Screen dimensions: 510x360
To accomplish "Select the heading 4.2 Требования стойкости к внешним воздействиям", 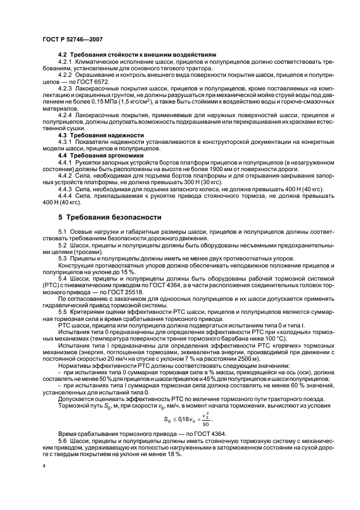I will coord(137,55).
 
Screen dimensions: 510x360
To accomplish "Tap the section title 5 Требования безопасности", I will coord(111,216).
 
